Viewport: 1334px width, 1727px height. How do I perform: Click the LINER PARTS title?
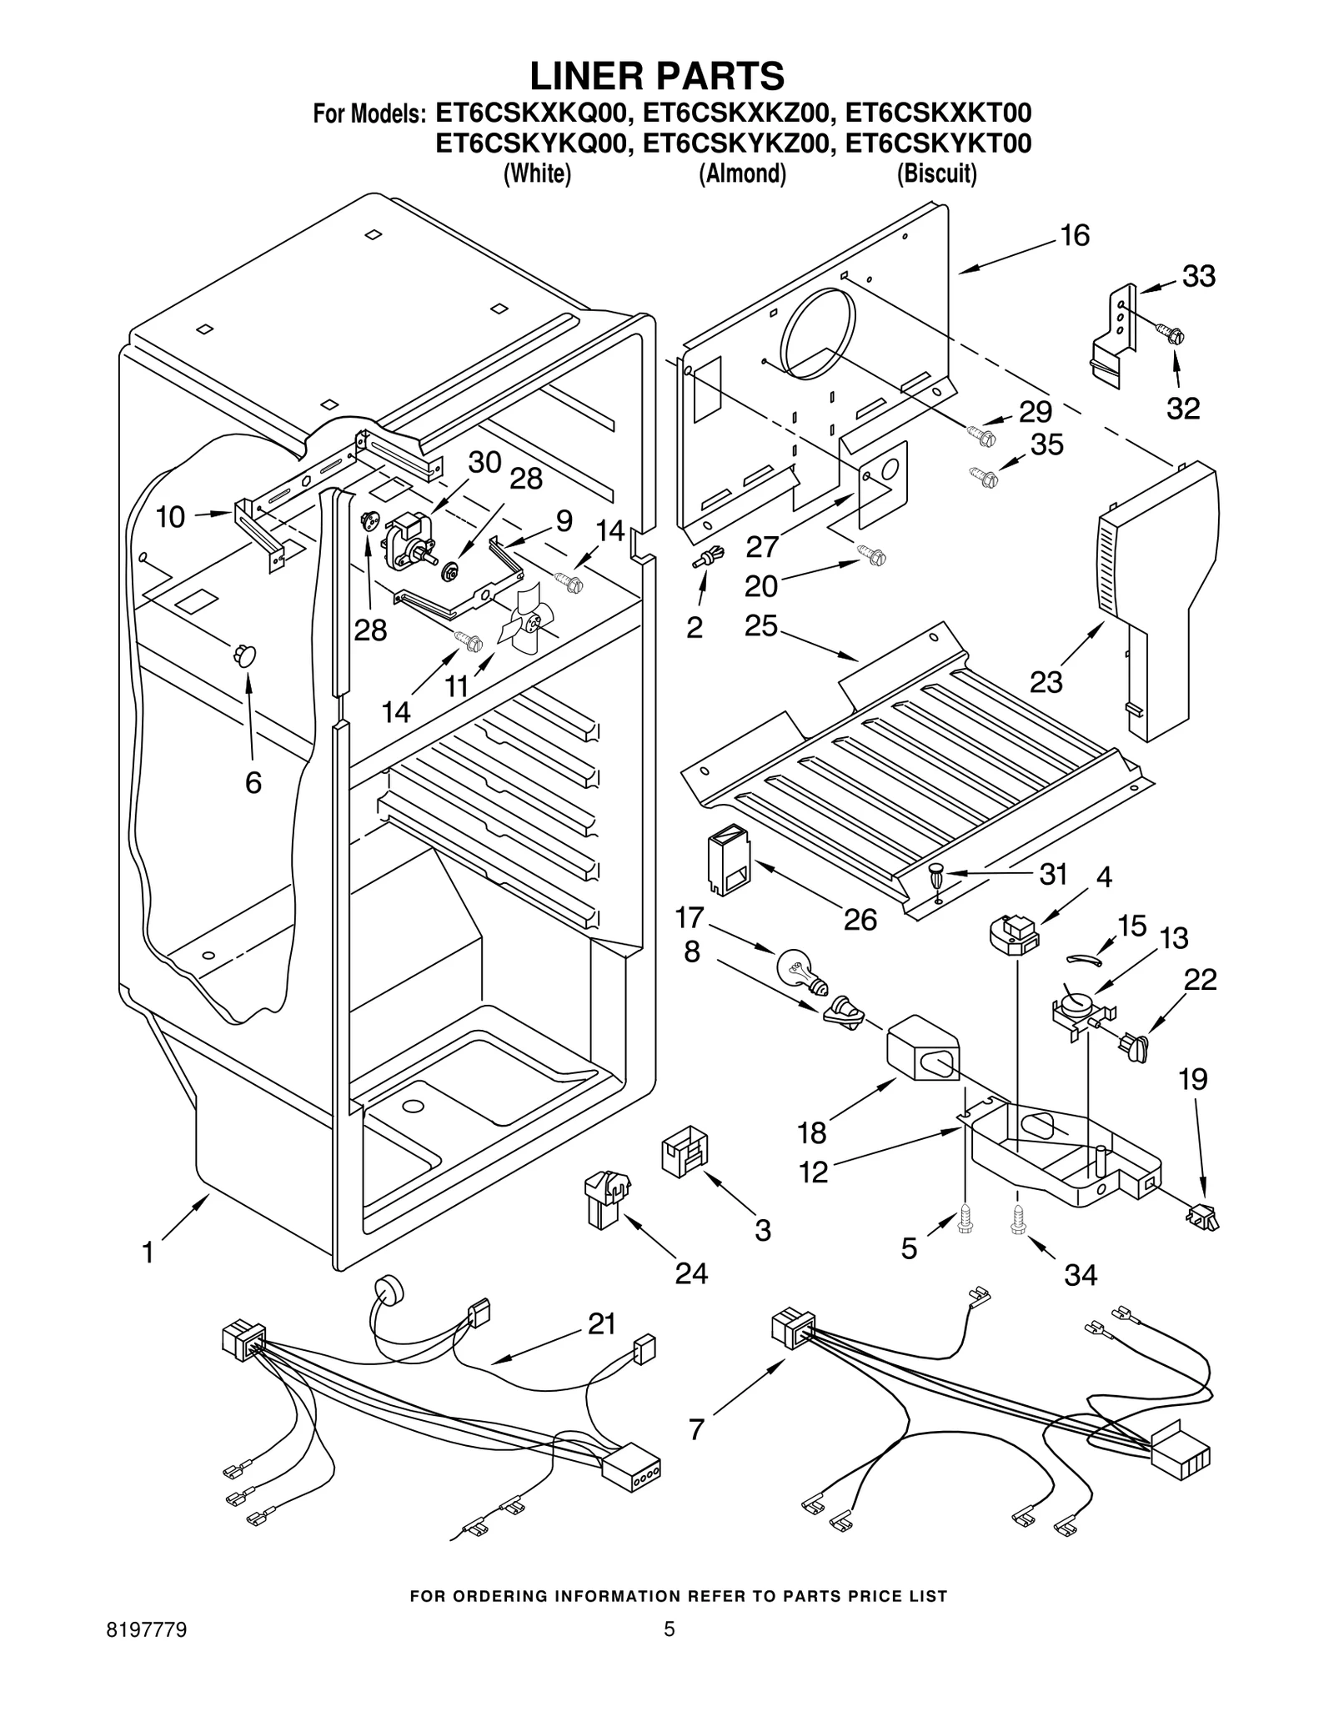pos(657,76)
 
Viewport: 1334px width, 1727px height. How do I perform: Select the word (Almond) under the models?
pos(742,173)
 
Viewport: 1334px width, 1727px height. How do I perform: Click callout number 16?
pos(1075,236)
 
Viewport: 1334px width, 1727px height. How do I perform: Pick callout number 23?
pos(1046,681)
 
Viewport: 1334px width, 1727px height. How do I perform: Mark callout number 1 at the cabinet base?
pos(148,1253)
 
